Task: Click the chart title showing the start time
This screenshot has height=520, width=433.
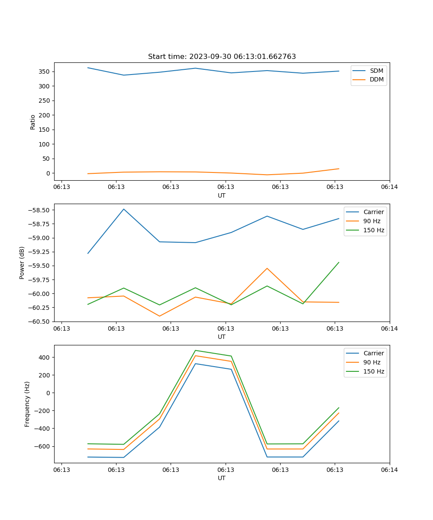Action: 222,57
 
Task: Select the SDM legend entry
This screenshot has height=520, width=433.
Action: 376,71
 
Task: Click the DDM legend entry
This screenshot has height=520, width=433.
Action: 376,80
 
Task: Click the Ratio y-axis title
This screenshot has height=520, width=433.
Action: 33,122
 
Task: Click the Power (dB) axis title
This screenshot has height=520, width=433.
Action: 22,263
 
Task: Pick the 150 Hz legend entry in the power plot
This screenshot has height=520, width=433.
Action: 374,230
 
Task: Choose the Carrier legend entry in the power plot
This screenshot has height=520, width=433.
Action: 374,212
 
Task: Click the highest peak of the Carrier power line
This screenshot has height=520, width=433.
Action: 124,209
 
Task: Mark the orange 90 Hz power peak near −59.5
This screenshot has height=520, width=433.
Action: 267,268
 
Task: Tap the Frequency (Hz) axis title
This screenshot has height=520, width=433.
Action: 27,404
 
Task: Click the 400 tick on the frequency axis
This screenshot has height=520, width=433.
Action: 45,357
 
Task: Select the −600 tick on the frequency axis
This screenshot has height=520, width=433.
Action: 42,446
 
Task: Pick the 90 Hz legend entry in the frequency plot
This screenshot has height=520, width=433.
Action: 372,362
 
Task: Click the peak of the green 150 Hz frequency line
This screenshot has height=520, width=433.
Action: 195,350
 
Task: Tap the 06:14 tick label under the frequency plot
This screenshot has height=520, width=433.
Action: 389,470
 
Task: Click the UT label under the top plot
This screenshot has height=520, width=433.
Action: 222,195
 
